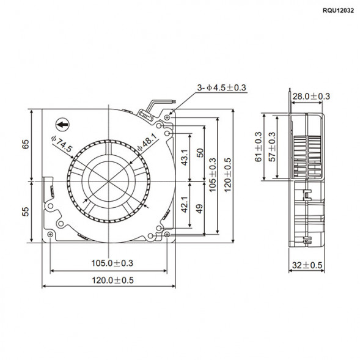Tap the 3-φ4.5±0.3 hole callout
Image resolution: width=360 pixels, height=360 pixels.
click(x=221, y=88)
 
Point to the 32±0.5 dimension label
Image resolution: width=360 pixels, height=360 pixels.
click(x=307, y=265)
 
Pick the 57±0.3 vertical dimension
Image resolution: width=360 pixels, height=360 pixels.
click(x=273, y=147)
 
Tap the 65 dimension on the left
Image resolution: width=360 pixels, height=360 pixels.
click(x=26, y=145)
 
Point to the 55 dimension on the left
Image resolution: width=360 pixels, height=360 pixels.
click(x=26, y=211)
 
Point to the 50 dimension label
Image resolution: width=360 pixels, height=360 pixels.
click(x=199, y=153)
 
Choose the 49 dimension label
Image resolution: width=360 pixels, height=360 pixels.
click(x=199, y=208)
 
